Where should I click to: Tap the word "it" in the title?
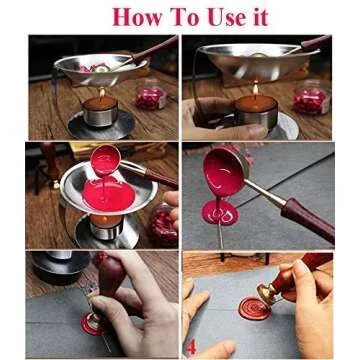coord(259,17)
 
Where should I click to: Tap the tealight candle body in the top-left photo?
coord(101,111)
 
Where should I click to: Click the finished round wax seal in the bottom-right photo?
coord(256,308)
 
